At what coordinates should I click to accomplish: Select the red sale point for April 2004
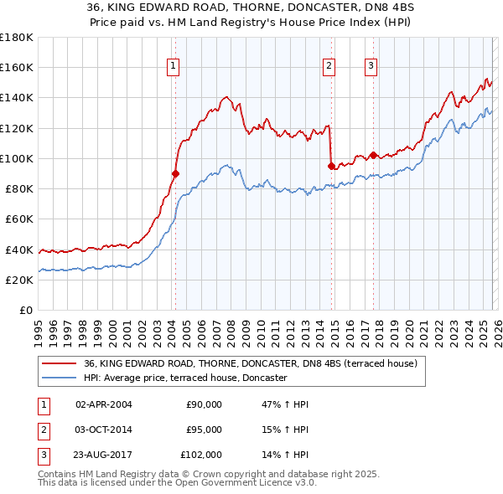coord(175,173)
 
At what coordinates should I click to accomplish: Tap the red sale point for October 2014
coord(331,166)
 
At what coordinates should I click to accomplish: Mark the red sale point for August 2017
coord(373,155)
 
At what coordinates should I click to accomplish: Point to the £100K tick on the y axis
coord(17,158)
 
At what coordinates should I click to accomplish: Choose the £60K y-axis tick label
coord(19,219)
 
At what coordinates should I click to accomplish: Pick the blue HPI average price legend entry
coord(185,378)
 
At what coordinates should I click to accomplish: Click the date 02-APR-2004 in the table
coord(103,404)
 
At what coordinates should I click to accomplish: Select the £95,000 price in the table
coord(204,430)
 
